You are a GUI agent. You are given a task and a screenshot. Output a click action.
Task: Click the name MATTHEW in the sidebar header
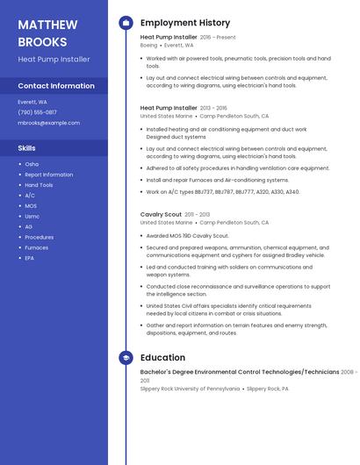[47, 25]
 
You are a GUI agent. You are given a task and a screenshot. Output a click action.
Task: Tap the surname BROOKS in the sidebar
[42, 41]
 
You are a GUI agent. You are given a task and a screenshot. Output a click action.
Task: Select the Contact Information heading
[56, 86]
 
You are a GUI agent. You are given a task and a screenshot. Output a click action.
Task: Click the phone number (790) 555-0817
[37, 112]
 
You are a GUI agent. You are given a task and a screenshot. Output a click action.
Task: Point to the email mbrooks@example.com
[48, 123]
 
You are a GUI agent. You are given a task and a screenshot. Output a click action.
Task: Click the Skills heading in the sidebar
[27, 148]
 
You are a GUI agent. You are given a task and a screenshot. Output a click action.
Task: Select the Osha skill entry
[32, 164]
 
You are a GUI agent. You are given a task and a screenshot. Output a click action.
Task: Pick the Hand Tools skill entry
[39, 185]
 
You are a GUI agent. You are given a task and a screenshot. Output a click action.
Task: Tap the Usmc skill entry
[32, 216]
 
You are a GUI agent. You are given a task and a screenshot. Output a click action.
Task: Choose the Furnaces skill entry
[37, 247]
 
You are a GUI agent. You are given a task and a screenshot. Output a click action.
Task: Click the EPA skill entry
[30, 258]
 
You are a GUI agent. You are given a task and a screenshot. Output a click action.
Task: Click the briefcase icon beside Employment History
[126, 23]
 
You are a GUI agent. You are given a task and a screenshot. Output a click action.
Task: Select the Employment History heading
[184, 23]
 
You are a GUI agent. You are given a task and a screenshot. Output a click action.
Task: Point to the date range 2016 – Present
[218, 38]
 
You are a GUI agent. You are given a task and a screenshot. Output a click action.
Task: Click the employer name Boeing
[148, 45]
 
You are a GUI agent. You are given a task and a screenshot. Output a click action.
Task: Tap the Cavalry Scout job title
[161, 214]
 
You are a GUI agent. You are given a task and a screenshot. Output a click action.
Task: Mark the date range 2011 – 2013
[197, 214]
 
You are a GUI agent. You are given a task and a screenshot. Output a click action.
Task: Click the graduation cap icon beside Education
[126, 358]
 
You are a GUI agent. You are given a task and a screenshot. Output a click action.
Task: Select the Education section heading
[162, 358]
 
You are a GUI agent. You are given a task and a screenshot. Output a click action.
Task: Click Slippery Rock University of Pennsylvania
[189, 389]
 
